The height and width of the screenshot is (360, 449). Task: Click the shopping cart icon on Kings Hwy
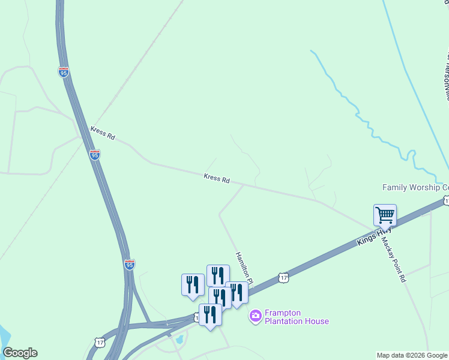385,214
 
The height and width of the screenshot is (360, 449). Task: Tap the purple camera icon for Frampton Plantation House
256,315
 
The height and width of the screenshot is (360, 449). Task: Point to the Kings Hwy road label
374,235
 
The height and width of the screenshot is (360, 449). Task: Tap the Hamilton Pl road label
245,268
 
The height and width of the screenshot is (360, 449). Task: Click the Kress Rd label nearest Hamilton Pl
217,178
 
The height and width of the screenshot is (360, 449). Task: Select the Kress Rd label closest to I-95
103,133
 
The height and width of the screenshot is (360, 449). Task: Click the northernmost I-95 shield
64,72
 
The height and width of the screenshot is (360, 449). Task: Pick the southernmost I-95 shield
129,263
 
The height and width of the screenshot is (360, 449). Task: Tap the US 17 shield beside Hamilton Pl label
284,277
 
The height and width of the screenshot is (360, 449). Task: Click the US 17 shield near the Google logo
100,342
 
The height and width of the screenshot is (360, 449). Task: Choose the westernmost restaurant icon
193,284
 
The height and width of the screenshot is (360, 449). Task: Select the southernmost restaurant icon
210,314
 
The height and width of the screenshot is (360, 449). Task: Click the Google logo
20,353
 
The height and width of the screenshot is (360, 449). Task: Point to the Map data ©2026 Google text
412,355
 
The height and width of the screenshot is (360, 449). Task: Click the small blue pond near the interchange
178,341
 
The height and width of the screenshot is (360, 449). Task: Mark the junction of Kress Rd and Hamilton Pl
243,185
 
